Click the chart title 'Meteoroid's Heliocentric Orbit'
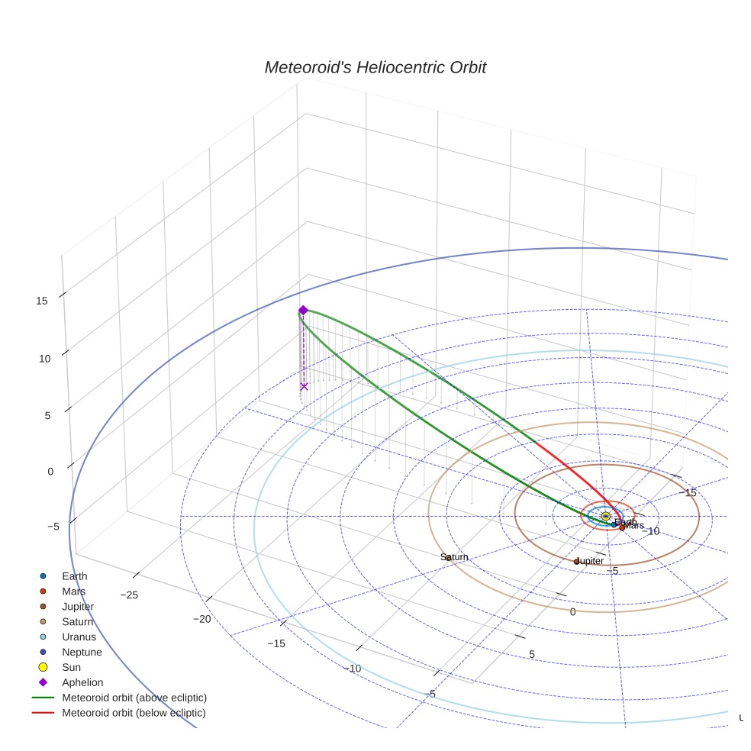375,68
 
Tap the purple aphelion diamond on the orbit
303,310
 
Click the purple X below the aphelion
304,386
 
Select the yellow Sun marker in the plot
605,517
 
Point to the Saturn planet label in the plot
454,557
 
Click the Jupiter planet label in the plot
588,561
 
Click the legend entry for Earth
74,576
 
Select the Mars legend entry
73,591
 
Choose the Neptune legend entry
82,652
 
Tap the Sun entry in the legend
71,667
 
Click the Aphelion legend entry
82,682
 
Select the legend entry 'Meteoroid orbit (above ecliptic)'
134,698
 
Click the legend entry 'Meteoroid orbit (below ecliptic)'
134,713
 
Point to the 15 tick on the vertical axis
42,301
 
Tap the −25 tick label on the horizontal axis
128,595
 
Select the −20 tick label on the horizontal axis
201,619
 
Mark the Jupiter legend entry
78,607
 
